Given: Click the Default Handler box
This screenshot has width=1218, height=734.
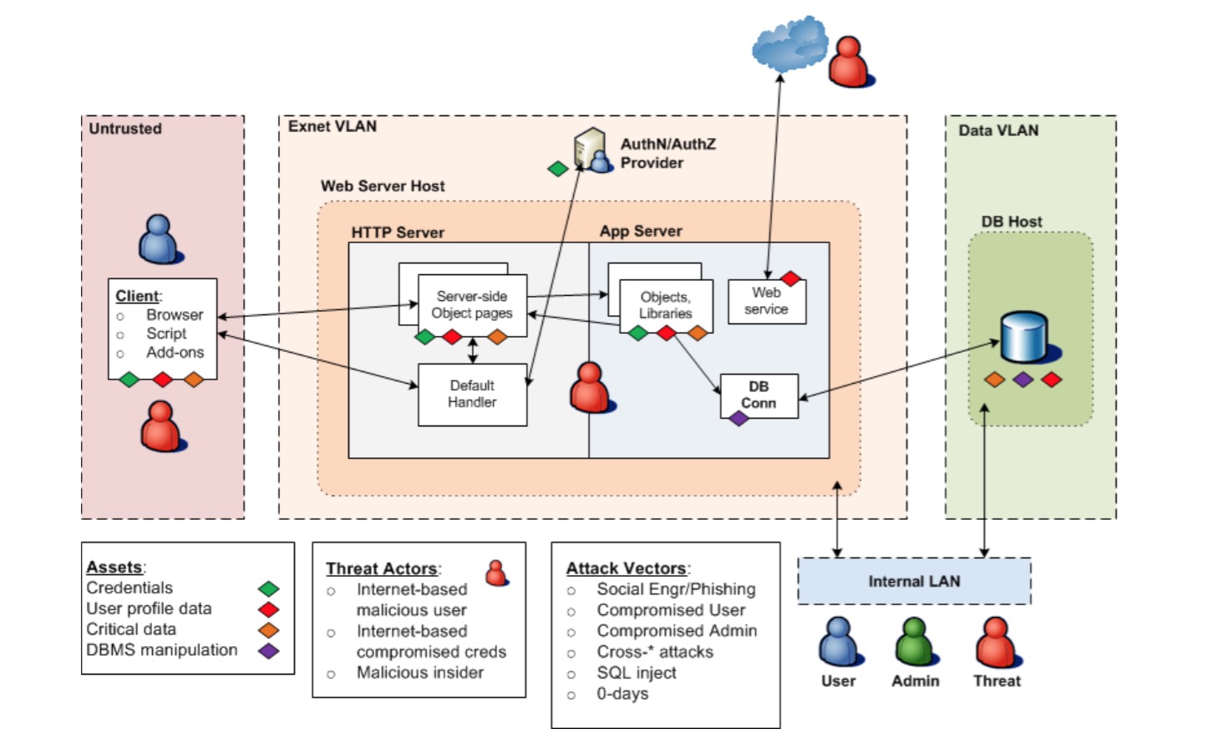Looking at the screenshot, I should (x=472, y=394).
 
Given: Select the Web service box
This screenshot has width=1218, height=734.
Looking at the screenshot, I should (x=766, y=301).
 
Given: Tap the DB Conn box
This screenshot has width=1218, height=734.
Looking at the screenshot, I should (x=759, y=395).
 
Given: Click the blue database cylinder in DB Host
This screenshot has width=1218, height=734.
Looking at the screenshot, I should (x=1024, y=336).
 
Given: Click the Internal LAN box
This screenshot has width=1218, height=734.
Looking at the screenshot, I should (x=914, y=581).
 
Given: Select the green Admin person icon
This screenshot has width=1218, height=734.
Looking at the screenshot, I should (x=915, y=641).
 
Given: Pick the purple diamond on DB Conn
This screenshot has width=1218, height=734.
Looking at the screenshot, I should (x=738, y=418).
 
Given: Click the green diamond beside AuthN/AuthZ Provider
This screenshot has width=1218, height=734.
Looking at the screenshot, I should (x=557, y=169).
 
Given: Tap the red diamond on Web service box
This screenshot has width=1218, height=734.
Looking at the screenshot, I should (x=790, y=278).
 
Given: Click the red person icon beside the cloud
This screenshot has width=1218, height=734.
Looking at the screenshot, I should (x=850, y=62).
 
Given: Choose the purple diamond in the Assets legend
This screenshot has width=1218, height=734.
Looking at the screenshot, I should (x=268, y=650).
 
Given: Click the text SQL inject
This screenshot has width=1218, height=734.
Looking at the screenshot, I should (x=636, y=673).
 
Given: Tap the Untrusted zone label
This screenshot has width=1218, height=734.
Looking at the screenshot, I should (x=125, y=129).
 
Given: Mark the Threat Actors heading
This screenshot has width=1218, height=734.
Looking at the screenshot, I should (x=383, y=568).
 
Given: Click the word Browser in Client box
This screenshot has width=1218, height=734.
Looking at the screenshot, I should (x=174, y=315).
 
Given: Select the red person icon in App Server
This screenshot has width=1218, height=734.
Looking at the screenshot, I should (x=590, y=388).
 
